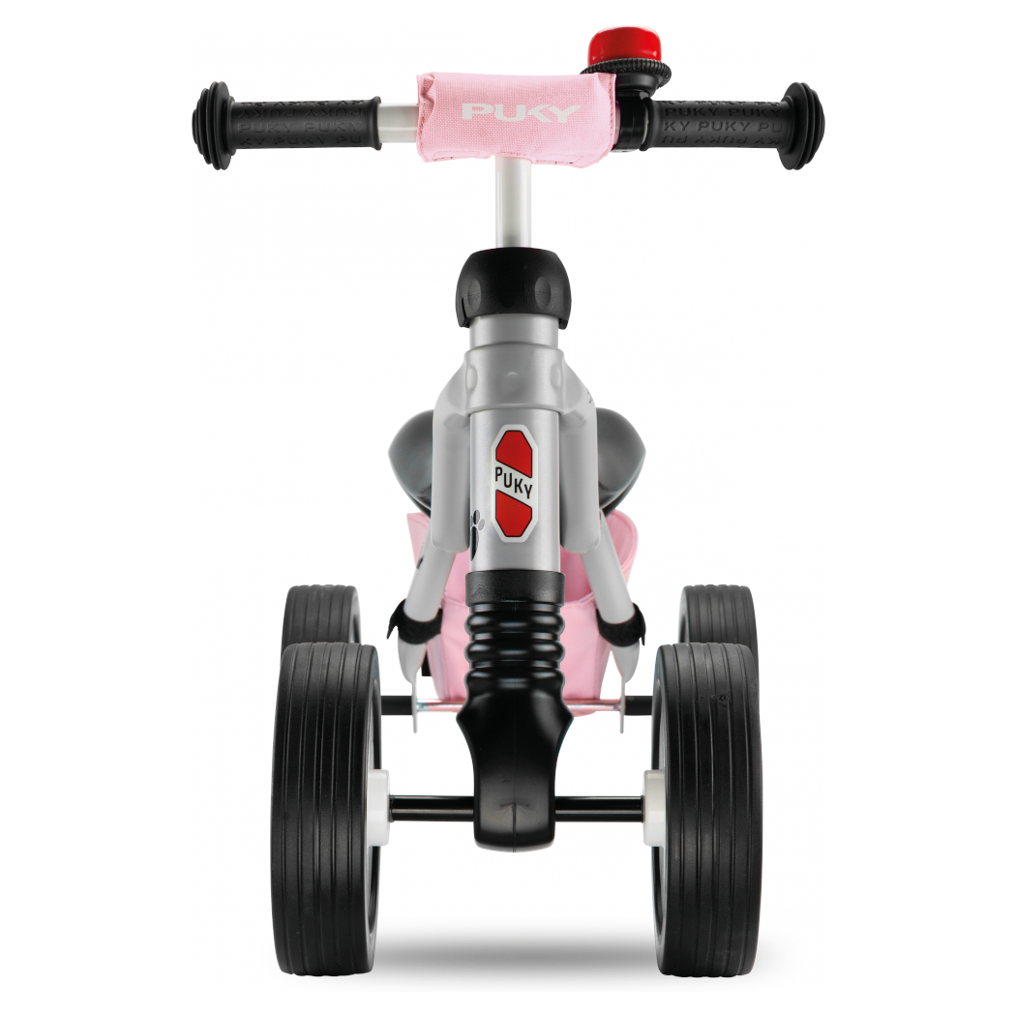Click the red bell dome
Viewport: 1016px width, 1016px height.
[x=624, y=45]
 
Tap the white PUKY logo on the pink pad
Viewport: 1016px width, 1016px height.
[x=521, y=113]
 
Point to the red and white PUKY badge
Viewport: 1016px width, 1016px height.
[x=514, y=483]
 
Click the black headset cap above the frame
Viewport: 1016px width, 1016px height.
[x=514, y=288]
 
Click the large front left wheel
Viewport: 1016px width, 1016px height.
[x=327, y=808]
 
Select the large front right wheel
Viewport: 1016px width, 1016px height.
[x=706, y=808]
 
